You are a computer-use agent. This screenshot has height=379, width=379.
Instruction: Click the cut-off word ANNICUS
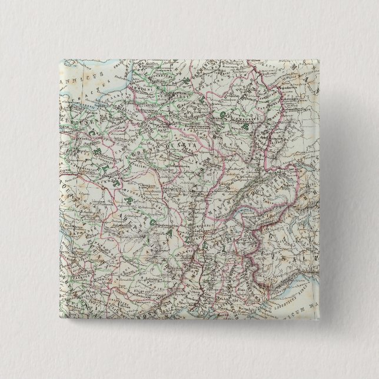click(x=76, y=78)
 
